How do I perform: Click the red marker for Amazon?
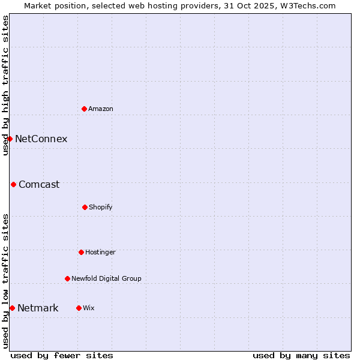pos(85,109)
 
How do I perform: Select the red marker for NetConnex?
pos(10,139)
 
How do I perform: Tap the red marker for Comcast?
pos(13,184)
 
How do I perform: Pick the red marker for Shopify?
pos(85,207)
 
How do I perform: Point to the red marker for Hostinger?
pos(81,252)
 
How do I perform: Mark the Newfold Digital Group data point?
pos(67,278)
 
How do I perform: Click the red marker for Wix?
pos(79,308)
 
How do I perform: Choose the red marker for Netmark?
pos(12,308)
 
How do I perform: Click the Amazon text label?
pos(101,109)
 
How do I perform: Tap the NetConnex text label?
pos(41,139)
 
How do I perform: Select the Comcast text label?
pos(39,184)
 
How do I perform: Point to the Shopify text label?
pos(101,207)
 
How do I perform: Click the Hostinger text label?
pos(100,252)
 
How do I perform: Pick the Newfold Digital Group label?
pos(106,278)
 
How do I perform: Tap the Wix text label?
pos(89,308)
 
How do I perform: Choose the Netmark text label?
pos(38,308)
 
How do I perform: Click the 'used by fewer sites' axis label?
pos(62,355)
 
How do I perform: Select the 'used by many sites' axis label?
pos(301,355)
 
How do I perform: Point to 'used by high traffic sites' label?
pos(5,85)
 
